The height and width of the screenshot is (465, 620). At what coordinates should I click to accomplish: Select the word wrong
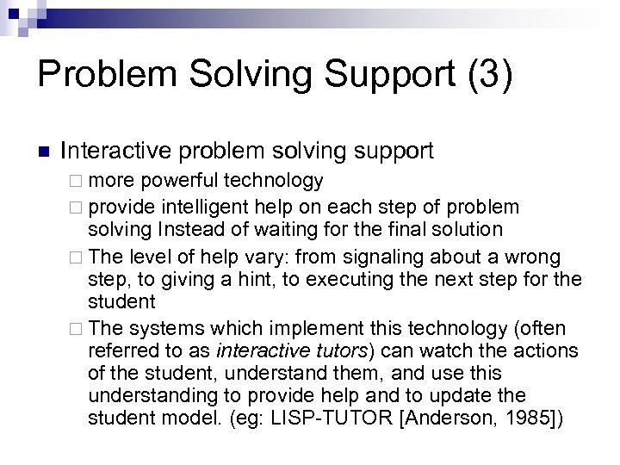tap(533, 257)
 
